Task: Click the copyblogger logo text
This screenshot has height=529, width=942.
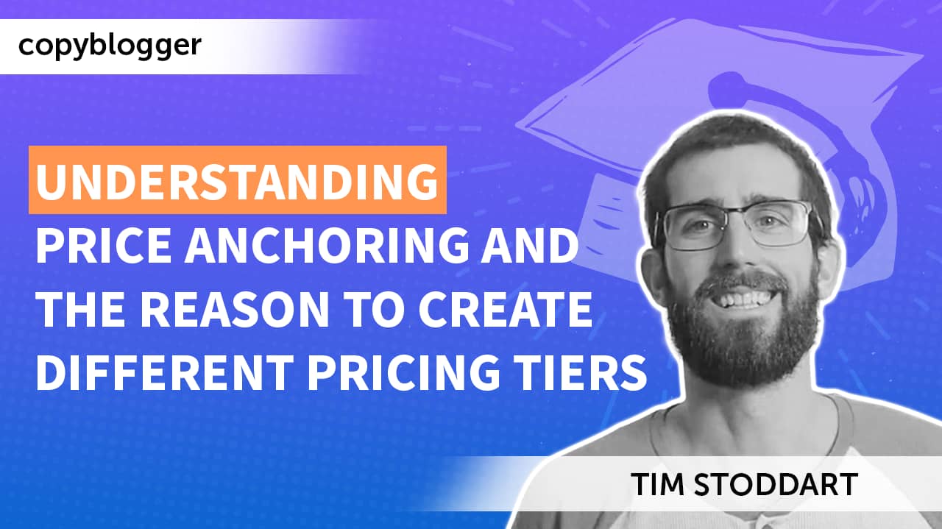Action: pyautogui.click(x=110, y=46)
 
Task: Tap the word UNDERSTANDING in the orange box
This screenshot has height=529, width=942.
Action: pyautogui.click(x=237, y=181)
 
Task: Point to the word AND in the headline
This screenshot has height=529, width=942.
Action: pyautogui.click(x=530, y=245)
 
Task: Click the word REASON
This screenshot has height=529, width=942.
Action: pyautogui.click(x=234, y=309)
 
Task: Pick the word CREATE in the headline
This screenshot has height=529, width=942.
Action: pyautogui.click(x=505, y=309)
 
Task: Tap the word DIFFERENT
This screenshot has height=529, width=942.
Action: pyautogui.click(x=165, y=372)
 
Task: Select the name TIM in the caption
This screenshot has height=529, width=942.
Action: pyautogui.click(x=657, y=484)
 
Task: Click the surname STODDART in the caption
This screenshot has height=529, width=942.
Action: pyautogui.click(x=776, y=484)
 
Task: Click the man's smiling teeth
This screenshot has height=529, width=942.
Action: pyautogui.click(x=744, y=299)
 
